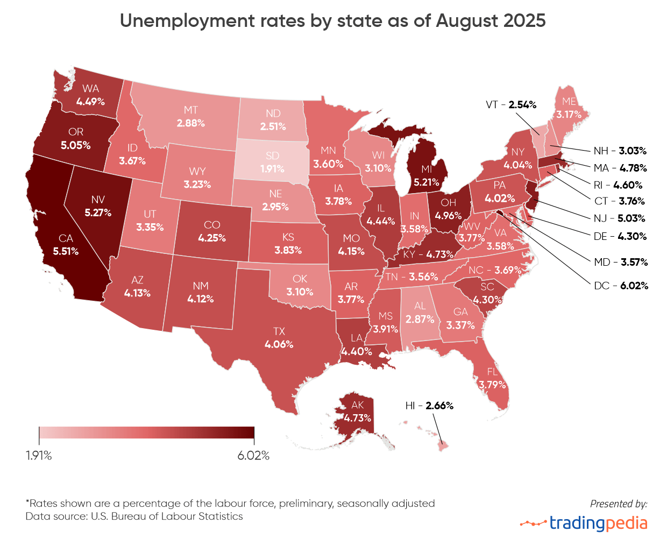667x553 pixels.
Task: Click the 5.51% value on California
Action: [66, 251]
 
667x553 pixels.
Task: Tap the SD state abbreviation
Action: [272, 155]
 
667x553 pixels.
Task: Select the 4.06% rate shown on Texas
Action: [279, 344]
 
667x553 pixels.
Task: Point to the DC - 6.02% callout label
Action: [621, 286]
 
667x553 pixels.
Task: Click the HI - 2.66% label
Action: [429, 406]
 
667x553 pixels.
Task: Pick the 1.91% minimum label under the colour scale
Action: [39, 456]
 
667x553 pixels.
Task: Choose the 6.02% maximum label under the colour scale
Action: [253, 456]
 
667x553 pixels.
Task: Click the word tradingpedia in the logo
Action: [598, 523]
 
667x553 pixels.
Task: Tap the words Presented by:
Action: [619, 504]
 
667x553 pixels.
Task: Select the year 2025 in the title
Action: [525, 21]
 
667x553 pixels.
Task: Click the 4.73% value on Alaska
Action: [358, 418]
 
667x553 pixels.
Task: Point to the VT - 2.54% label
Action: [511, 105]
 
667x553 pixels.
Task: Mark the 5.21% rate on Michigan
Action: [427, 182]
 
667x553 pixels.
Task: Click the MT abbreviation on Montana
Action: [190, 110]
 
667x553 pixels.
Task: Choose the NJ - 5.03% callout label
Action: [619, 218]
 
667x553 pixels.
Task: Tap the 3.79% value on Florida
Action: [492, 385]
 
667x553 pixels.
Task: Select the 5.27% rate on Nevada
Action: [98, 212]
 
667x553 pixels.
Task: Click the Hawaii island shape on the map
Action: [442, 446]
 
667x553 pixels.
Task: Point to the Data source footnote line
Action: [134, 516]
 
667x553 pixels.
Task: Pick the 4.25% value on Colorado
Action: [212, 238]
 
